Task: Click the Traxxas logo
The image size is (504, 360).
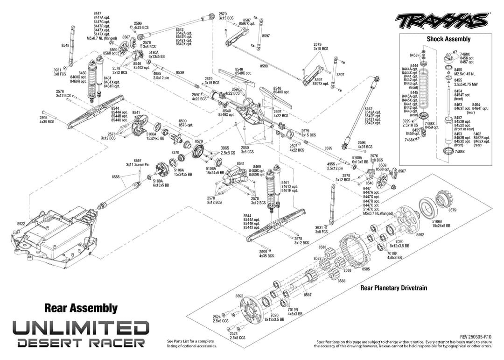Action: (x=441, y=21)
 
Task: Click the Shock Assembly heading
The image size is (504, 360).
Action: (x=448, y=39)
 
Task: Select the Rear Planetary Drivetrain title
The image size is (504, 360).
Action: (x=393, y=288)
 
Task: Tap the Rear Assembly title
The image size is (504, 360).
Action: (x=81, y=308)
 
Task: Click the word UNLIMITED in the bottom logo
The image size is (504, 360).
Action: (x=81, y=327)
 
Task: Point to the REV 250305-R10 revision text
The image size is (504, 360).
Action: (x=476, y=337)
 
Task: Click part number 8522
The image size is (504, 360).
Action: (x=21, y=224)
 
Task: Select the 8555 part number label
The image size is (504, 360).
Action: (x=116, y=177)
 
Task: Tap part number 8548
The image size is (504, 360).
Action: (x=65, y=45)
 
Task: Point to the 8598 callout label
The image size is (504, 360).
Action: (x=264, y=66)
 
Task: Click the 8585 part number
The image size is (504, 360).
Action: (x=366, y=269)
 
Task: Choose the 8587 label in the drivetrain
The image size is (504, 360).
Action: (x=308, y=295)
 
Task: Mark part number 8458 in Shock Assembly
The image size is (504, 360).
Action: (x=413, y=55)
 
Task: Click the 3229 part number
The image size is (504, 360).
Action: (x=406, y=121)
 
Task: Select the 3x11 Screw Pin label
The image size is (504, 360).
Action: (x=138, y=164)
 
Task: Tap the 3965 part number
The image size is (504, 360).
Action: (x=225, y=148)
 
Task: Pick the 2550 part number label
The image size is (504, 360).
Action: (x=245, y=148)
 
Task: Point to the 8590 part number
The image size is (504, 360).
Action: (x=182, y=121)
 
